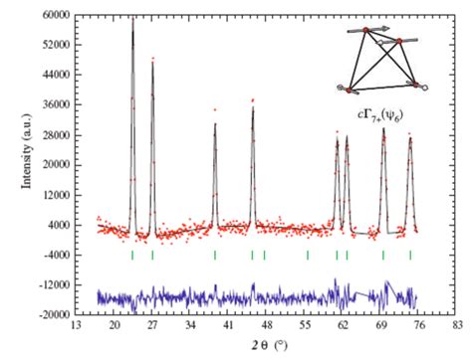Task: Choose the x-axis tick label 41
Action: pos(228,325)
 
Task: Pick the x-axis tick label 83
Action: pos(457,325)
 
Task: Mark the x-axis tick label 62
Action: pos(343,325)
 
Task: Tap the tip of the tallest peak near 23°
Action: pos(132,19)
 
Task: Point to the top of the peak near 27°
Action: pos(152,60)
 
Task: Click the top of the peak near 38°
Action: pos(215,122)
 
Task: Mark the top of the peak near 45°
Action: pos(253,103)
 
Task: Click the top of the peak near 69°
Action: pos(383,128)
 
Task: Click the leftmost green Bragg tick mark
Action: pos(132,255)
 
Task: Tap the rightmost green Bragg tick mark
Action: pos(410,255)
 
